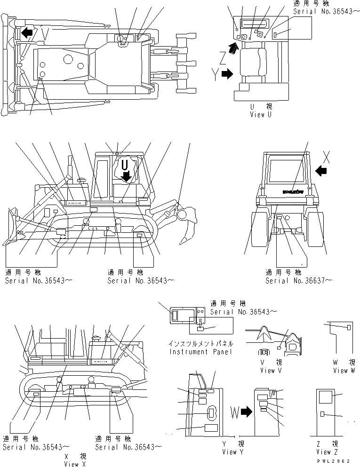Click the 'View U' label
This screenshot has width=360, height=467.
tap(261, 114)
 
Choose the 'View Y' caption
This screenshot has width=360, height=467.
tap(230, 452)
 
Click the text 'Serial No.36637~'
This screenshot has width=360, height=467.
tap(299, 281)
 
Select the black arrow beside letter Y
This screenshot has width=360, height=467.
tap(227, 74)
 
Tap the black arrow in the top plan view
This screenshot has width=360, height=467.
tap(27, 32)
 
